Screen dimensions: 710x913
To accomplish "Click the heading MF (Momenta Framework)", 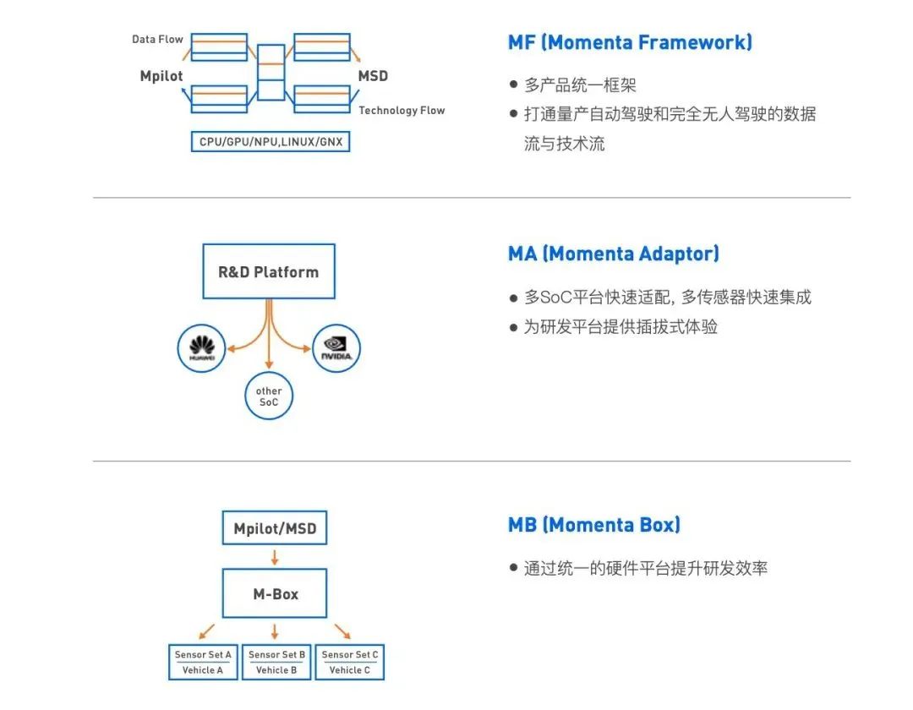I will click(630, 41).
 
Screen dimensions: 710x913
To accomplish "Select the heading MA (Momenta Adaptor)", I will click(614, 254).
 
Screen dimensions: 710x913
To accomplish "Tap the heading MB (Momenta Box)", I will click(593, 525).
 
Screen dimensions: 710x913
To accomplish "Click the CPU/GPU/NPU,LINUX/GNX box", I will click(271, 141).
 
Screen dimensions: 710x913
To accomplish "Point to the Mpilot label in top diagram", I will click(161, 76).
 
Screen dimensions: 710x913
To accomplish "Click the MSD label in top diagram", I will click(373, 76).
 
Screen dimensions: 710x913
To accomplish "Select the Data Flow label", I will click(157, 39).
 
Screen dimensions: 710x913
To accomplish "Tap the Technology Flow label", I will click(402, 111).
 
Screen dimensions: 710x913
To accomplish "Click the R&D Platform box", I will click(269, 271).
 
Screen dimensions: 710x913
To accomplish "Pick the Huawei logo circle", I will click(202, 347).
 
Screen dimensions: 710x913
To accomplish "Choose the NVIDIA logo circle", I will click(336, 347).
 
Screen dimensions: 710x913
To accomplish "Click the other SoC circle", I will click(269, 396).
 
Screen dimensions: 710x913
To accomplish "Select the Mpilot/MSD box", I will click(275, 528).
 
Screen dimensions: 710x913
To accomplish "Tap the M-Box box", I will click(275, 593).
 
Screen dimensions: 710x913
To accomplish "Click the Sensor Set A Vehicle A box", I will click(203, 662).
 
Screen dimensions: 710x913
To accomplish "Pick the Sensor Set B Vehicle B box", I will click(276, 662).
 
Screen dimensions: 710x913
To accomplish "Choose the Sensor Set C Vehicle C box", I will click(349, 662).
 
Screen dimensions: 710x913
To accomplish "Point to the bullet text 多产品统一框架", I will click(580, 85).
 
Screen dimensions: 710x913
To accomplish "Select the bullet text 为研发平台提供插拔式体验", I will click(621, 327).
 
